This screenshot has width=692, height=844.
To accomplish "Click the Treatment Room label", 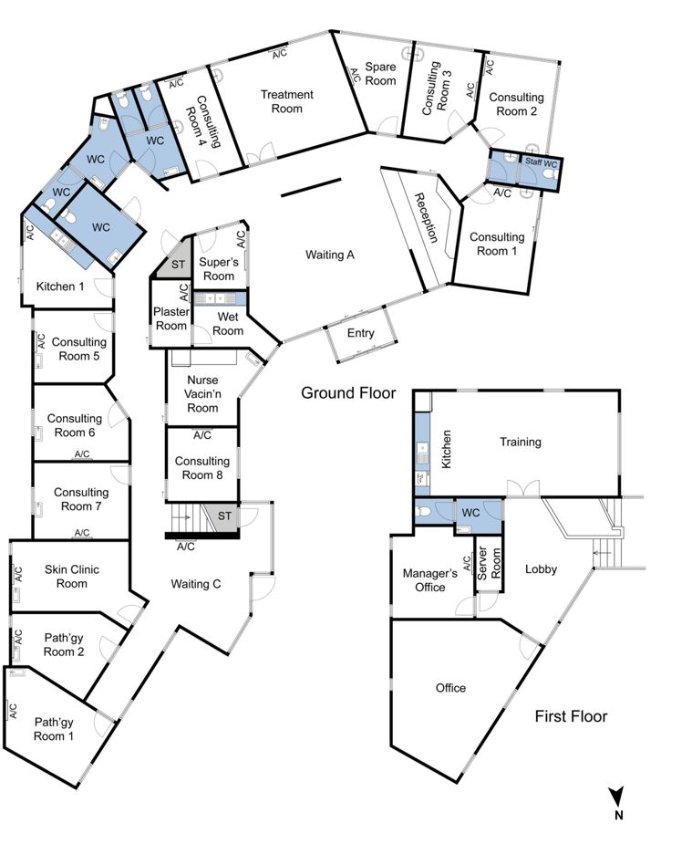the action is point(286,101).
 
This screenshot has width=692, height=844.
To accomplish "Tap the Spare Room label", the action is point(380,74).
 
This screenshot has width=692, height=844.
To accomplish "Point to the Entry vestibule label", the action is point(360,333).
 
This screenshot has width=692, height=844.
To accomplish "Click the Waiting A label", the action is point(330,255).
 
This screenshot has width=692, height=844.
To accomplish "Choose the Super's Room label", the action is point(218,268).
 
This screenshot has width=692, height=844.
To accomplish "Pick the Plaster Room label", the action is point(171,318).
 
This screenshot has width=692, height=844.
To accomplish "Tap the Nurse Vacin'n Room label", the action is point(202,394).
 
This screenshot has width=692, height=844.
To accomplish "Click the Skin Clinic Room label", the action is point(71,576).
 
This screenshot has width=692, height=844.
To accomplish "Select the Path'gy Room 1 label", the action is point(53,729).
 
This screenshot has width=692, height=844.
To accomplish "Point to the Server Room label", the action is point(489,563).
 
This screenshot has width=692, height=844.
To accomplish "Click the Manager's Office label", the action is point(429,579).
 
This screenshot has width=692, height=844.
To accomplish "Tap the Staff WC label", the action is point(541,162).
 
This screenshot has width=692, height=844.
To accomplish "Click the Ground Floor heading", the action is point(348,393).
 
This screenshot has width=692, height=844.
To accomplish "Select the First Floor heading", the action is point(571,716).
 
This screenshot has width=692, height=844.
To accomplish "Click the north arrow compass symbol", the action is point(617,803).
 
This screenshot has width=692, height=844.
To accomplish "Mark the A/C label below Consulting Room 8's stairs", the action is point(185,547).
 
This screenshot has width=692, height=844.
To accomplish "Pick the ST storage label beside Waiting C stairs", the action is point(224,516).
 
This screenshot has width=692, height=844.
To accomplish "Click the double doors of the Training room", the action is point(522,488).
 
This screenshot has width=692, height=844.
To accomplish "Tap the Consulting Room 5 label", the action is point(79,349).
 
